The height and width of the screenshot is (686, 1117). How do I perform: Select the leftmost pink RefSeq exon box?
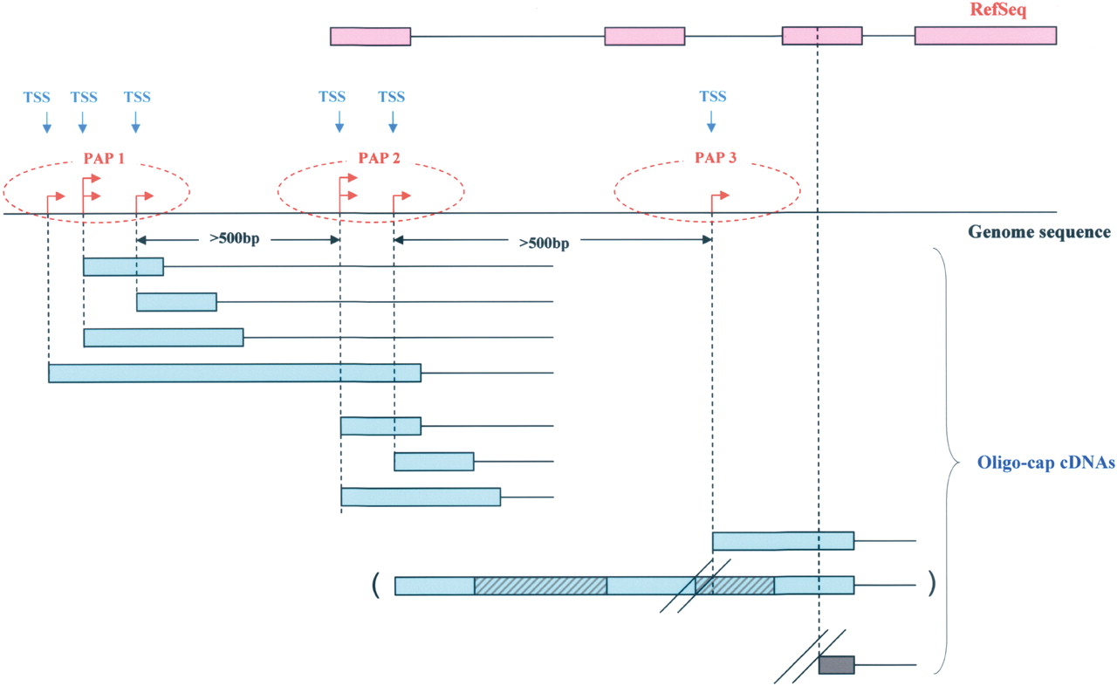pos(370,37)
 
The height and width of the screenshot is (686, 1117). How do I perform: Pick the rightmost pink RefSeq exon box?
pos(985,36)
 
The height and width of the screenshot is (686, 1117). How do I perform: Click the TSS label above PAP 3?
pos(713,97)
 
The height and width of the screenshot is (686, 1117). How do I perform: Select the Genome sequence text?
pos(1038,233)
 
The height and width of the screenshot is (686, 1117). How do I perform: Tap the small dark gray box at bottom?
pos(836,665)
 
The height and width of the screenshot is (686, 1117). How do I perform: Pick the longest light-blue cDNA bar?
pos(235,374)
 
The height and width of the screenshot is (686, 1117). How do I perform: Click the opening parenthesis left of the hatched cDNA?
pos(374,585)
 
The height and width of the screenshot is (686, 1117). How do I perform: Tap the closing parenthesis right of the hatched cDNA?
pos(933,580)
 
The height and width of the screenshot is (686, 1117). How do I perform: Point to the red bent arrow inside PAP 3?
pos(720,197)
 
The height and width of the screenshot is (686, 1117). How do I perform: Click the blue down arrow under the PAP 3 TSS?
pos(711,120)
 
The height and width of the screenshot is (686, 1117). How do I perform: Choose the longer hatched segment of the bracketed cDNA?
pos(540,586)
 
